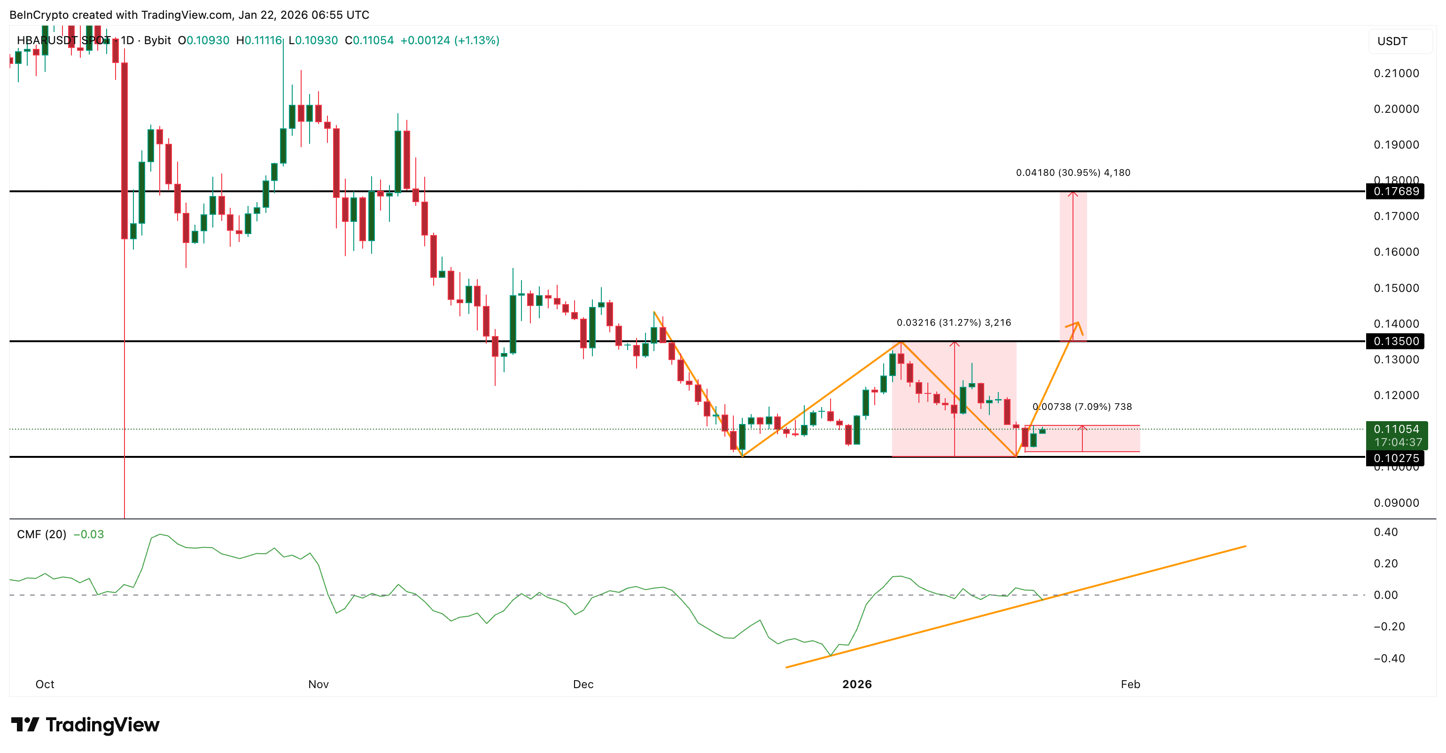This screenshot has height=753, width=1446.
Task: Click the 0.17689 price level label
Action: pyautogui.click(x=1396, y=191)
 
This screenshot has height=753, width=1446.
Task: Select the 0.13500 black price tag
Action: pyautogui.click(x=1396, y=341)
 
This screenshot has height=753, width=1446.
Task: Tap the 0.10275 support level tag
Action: pyautogui.click(x=1396, y=458)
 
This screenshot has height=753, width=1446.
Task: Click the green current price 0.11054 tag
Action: pyautogui.click(x=1396, y=430)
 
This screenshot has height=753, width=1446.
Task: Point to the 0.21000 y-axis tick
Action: pyautogui.click(x=1396, y=73)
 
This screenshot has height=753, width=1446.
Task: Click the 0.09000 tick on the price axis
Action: pyautogui.click(x=1396, y=503)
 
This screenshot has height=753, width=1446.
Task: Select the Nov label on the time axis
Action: pyautogui.click(x=318, y=684)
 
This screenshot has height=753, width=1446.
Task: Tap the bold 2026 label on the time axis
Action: pyautogui.click(x=856, y=684)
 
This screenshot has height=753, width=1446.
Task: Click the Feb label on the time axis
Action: pyautogui.click(x=1130, y=684)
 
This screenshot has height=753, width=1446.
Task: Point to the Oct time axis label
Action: pyautogui.click(x=45, y=684)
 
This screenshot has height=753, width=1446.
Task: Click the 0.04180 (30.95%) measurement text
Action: pyautogui.click(x=1073, y=173)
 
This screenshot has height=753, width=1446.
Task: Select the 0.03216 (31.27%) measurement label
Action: pyautogui.click(x=953, y=323)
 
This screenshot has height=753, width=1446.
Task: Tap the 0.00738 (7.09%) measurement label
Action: pyautogui.click(x=1082, y=407)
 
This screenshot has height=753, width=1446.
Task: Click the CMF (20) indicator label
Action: pyautogui.click(x=41, y=534)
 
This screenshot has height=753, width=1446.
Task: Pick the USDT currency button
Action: pyautogui.click(x=1392, y=41)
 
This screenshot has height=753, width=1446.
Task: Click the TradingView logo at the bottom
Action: pyautogui.click(x=86, y=725)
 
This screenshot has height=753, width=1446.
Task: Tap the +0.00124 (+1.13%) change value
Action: pyautogui.click(x=450, y=40)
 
